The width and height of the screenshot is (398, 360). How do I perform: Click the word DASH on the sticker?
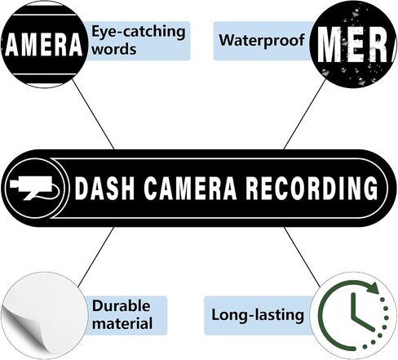(104, 188)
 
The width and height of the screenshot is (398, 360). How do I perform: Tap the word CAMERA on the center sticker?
(190, 188)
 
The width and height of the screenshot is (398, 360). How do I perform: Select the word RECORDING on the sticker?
(312, 188)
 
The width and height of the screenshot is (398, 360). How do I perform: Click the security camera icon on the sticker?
(34, 188)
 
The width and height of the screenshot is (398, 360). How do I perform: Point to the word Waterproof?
(262, 40)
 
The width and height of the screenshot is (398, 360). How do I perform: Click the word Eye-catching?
(138, 32)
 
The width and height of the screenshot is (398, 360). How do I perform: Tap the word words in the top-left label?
(114, 49)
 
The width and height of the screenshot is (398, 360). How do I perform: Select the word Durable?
(121, 306)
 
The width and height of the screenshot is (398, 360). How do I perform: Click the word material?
(122, 323)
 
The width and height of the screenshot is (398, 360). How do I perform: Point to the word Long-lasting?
(258, 315)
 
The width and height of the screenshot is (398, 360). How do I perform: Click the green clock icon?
(353, 316)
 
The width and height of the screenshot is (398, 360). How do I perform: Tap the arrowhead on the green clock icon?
(373, 288)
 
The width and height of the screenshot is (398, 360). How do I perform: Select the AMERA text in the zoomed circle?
(44, 44)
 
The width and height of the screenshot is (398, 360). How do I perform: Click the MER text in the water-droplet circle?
(354, 45)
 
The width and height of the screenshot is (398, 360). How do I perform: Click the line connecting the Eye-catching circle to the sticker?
(93, 114)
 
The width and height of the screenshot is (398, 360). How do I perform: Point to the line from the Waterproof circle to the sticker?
(304, 114)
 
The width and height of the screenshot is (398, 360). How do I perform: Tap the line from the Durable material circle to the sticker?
(95, 257)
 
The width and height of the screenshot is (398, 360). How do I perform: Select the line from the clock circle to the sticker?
(303, 257)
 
